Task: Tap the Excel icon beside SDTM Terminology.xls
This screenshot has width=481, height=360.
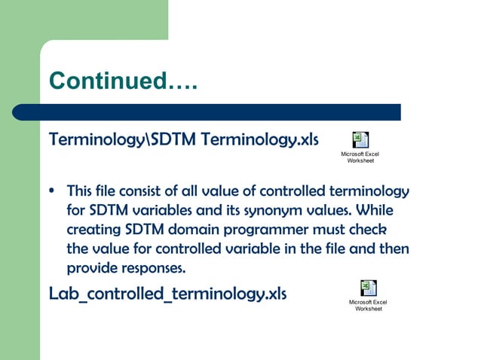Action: [360, 139]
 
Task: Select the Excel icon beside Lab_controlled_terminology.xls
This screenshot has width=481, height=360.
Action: [368, 288]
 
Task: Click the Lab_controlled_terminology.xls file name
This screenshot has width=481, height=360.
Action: [167, 294]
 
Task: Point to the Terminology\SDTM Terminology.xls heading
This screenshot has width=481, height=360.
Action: [183, 141]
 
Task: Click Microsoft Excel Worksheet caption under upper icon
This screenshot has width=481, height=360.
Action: [360, 157]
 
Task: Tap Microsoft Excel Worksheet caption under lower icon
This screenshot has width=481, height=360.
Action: [368, 305]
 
